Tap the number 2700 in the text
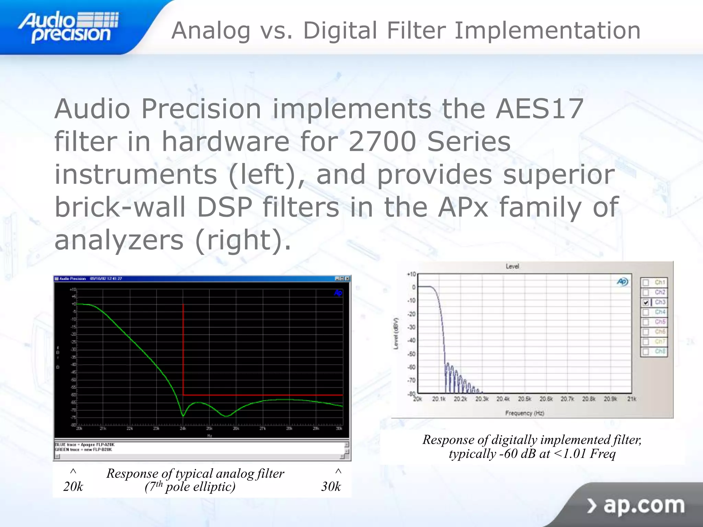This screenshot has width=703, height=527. (x=382, y=142)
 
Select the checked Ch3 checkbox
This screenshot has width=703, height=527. (x=646, y=302)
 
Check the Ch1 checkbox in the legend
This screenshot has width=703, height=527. (x=646, y=282)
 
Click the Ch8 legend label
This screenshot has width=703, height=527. (x=660, y=351)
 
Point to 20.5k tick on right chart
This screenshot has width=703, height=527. (x=525, y=399)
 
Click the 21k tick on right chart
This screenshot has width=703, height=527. (x=632, y=399)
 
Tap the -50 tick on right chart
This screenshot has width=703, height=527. (x=411, y=354)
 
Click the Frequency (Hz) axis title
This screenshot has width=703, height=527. (x=525, y=413)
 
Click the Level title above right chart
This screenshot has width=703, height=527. (x=512, y=266)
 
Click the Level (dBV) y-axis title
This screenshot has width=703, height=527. (x=396, y=333)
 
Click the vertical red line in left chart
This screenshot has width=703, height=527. (x=183, y=350)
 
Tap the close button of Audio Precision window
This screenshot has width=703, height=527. (x=347, y=279)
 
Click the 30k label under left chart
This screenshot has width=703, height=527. (x=331, y=487)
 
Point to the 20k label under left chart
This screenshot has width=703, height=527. (x=73, y=487)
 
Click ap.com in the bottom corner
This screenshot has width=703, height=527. (x=644, y=505)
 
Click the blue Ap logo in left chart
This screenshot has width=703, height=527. (x=338, y=293)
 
